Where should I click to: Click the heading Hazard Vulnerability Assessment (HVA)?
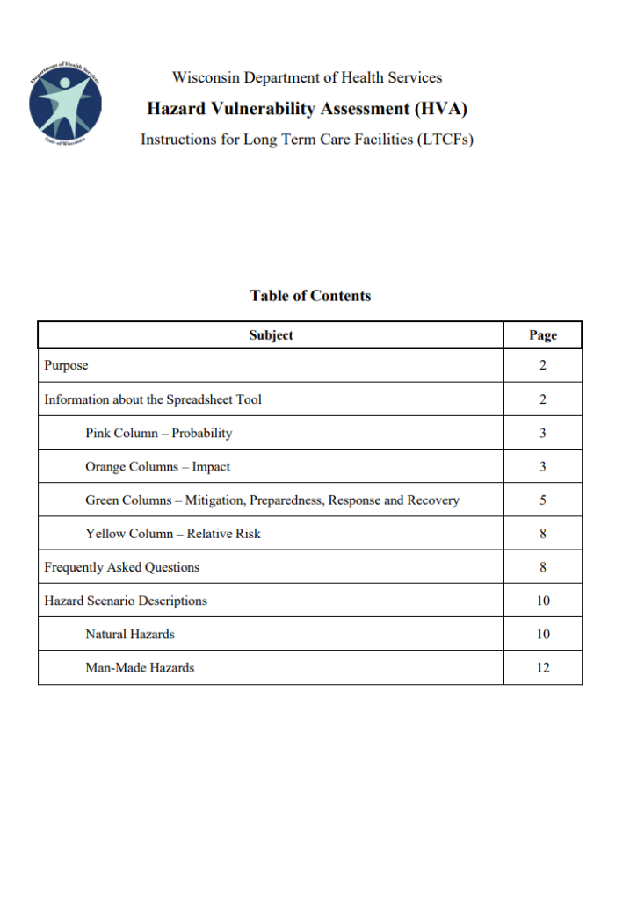pyautogui.click(x=307, y=109)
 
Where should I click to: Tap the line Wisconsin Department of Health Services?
pyautogui.click(x=307, y=77)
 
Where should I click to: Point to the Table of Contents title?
pyautogui.click(x=310, y=296)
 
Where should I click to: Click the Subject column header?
pyautogui.click(x=271, y=335)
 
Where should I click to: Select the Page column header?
pyautogui.click(x=543, y=335)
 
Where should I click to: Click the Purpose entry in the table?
pyautogui.click(x=66, y=365)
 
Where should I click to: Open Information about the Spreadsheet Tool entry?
pyautogui.click(x=153, y=399)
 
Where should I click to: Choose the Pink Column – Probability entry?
pyautogui.click(x=158, y=433)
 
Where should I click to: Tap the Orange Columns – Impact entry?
pyautogui.click(x=157, y=466)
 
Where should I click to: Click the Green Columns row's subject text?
pyautogui.click(x=272, y=500)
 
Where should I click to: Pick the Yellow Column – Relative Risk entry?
pyautogui.click(x=172, y=534)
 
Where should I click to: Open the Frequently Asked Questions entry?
pyautogui.click(x=121, y=567)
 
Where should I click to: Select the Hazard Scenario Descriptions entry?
pyautogui.click(x=126, y=601)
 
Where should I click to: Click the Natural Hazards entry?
pyautogui.click(x=129, y=634)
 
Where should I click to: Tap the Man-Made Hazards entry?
pyautogui.click(x=140, y=667)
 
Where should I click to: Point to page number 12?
pyautogui.click(x=543, y=667)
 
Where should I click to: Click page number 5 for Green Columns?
pyautogui.click(x=543, y=500)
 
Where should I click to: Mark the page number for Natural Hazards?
pyautogui.click(x=543, y=634)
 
